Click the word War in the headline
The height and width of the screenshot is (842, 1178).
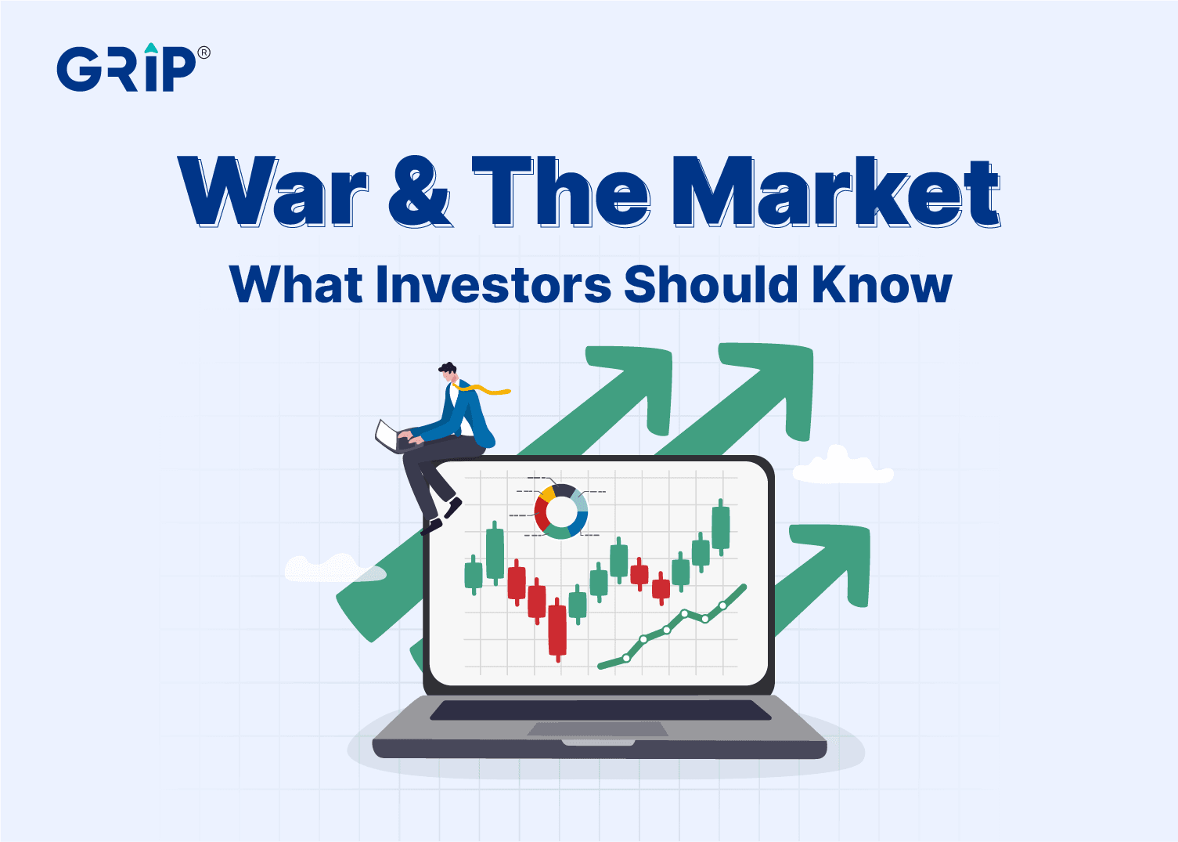(272, 192)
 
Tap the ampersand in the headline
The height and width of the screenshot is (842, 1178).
(419, 192)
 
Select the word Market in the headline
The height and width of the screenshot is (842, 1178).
(837, 192)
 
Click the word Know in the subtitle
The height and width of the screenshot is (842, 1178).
(882, 284)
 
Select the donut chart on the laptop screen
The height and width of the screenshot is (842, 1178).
(560, 511)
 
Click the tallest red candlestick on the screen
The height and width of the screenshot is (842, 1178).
(557, 630)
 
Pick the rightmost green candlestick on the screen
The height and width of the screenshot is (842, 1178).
(720, 527)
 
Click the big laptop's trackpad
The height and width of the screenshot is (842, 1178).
(598, 729)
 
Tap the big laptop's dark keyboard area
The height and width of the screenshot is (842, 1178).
(600, 710)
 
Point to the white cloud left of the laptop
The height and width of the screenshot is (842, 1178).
(335, 568)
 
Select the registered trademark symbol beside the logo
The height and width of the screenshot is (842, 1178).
(204, 52)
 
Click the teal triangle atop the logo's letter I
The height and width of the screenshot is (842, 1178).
(151, 48)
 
